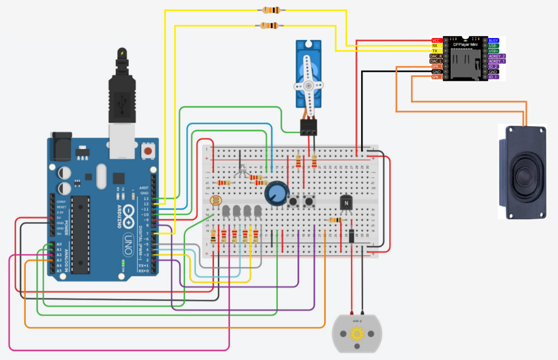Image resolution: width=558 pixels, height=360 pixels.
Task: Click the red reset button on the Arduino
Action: click(x=148, y=151)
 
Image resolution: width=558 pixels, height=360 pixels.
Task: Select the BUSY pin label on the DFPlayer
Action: click(x=493, y=41)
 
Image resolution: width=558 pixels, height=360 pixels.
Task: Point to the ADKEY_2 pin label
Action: click(x=497, y=56)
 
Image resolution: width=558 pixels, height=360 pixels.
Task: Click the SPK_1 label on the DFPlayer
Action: click(x=437, y=66)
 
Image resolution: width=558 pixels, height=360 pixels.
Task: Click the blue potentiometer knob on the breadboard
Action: click(x=275, y=194)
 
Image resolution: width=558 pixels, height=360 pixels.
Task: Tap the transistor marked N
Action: click(x=346, y=203)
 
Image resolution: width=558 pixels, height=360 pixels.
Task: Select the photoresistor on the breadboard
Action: click(x=215, y=201)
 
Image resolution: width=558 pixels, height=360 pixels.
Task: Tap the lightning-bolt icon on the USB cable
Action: click(x=122, y=53)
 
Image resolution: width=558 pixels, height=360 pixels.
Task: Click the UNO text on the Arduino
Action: click(x=128, y=240)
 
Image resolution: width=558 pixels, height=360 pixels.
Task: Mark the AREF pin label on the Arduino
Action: click(x=144, y=188)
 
